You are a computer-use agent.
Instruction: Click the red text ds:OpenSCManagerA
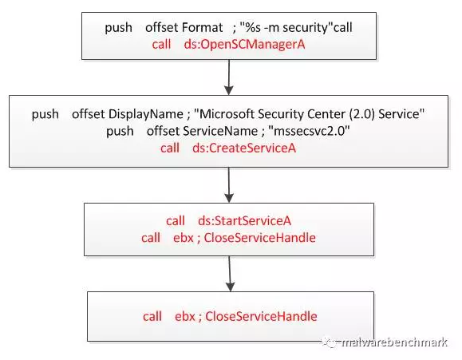(x=244, y=45)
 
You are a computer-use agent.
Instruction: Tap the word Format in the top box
(x=203, y=27)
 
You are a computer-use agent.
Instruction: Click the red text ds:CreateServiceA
(x=244, y=148)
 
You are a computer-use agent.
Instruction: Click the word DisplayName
(x=146, y=114)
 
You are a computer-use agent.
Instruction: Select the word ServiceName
(x=220, y=131)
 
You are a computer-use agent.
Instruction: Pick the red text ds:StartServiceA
(x=244, y=221)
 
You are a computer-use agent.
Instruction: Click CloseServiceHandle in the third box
(x=259, y=238)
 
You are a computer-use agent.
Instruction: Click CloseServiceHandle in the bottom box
(x=261, y=316)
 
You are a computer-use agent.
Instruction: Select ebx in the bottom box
(x=185, y=316)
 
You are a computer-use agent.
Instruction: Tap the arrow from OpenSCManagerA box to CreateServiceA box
(x=229, y=77)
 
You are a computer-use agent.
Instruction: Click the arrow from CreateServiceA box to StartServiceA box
(x=229, y=185)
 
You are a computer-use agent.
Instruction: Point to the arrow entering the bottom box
(x=230, y=274)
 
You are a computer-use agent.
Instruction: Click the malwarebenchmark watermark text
(x=394, y=342)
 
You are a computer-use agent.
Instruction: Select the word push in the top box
(x=118, y=28)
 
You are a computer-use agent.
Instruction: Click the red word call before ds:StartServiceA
(x=176, y=221)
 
